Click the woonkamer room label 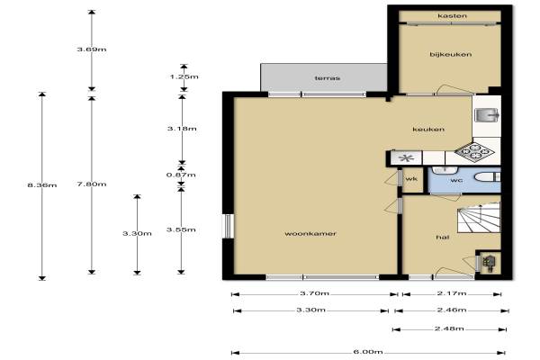pos(310,234)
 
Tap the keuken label pos(428,130)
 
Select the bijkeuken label pos(451,54)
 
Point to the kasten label pos(452,16)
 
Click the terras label pos(328,78)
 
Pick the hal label pos(442,237)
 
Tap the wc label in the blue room pos(456,180)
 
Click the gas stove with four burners pos(474,151)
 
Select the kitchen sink pos(487,115)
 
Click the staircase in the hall pos(479,218)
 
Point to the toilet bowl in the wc pos(487,177)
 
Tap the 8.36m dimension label pos(42,185)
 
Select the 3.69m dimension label pos(92,49)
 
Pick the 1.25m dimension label pos(184,76)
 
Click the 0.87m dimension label pos(181,175)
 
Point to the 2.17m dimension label pos(452,293)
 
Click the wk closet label pos(411,179)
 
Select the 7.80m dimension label pos(92,184)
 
